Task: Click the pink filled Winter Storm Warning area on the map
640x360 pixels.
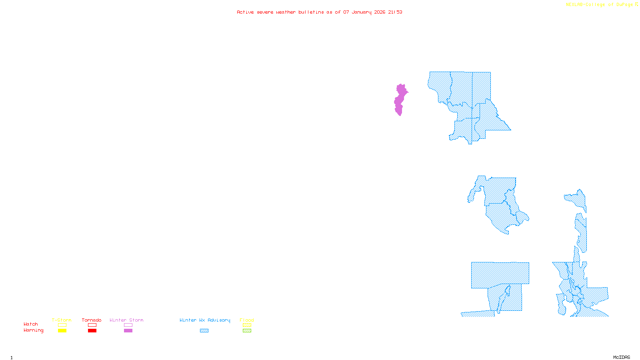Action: (x=400, y=99)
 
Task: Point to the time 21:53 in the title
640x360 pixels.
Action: (x=395, y=12)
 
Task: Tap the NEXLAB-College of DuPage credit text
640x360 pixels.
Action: (x=599, y=4)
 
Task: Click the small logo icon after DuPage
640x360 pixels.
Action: (x=636, y=4)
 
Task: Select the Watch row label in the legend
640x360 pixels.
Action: (x=30, y=324)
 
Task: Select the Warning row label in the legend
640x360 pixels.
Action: (x=33, y=330)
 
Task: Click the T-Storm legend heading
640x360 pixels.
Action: (x=62, y=320)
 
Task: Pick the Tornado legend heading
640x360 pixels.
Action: (x=92, y=320)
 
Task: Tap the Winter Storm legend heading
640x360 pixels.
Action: (x=126, y=320)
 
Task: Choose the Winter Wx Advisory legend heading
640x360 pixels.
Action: (x=205, y=320)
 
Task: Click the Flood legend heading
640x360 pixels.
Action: (x=247, y=320)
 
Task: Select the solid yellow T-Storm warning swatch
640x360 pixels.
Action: (x=62, y=331)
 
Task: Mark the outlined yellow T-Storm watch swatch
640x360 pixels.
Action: (x=62, y=325)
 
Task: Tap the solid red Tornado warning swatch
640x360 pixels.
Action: (x=92, y=331)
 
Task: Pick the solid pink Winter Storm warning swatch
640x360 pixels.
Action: (x=128, y=331)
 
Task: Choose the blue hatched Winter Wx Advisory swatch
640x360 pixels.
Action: (x=204, y=331)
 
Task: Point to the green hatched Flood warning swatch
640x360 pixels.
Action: (x=247, y=331)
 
